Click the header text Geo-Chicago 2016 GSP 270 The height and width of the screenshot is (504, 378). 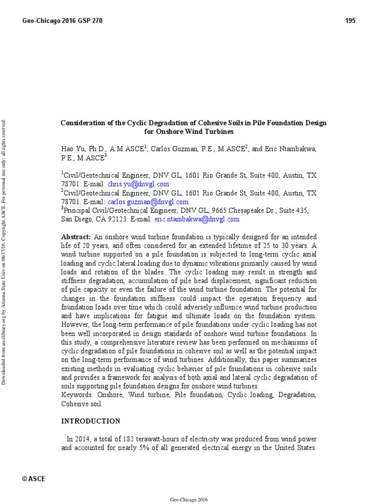(x=63, y=21)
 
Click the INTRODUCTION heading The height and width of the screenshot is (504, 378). (x=91, y=421)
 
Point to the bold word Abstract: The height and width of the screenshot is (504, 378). (x=76, y=237)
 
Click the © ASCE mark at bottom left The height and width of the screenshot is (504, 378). (x=34, y=478)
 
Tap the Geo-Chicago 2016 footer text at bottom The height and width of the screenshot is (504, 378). (x=189, y=500)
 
